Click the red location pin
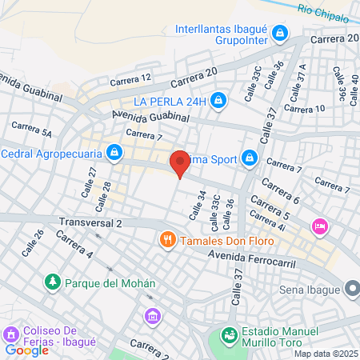point(180,162)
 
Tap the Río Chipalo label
point(323,11)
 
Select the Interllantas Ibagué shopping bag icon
point(279,34)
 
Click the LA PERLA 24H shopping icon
point(220,101)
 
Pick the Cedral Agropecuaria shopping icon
point(116,151)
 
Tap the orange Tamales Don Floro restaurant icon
point(167,238)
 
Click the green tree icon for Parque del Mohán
point(53,282)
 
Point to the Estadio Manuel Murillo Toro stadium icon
point(230,334)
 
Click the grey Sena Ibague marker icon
point(352,288)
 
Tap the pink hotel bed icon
point(321,227)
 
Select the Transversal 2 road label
point(90,223)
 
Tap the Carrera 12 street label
point(130,78)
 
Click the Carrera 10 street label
point(304,108)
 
